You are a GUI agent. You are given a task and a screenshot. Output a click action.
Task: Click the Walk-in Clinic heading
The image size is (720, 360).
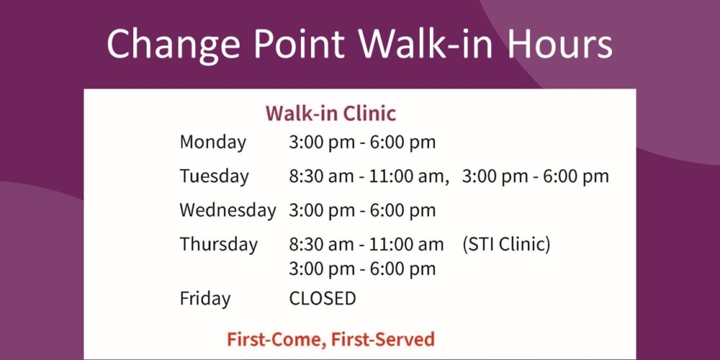click(330, 114)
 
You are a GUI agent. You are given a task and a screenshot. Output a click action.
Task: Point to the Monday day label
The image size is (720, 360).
click(212, 143)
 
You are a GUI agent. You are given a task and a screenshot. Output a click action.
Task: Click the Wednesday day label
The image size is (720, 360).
click(228, 210)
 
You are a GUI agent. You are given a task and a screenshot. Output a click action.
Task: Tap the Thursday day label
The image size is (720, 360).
click(219, 244)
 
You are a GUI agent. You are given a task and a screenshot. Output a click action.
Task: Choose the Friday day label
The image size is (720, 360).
click(204, 299)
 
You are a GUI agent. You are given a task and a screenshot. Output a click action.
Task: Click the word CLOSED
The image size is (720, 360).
click(323, 299)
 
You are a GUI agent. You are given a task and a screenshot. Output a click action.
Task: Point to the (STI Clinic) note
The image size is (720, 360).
click(506, 244)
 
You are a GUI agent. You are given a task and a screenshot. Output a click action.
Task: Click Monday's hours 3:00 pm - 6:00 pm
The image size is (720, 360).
click(362, 143)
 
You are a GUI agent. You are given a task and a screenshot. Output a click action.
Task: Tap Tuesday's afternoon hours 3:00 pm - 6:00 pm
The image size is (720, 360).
click(536, 176)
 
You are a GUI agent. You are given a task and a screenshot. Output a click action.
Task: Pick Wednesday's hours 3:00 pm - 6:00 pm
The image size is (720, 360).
click(362, 210)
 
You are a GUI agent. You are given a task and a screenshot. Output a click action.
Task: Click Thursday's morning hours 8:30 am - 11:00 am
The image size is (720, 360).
click(366, 244)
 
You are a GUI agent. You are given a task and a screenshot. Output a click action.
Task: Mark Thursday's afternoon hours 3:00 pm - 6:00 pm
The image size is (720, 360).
click(362, 269)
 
